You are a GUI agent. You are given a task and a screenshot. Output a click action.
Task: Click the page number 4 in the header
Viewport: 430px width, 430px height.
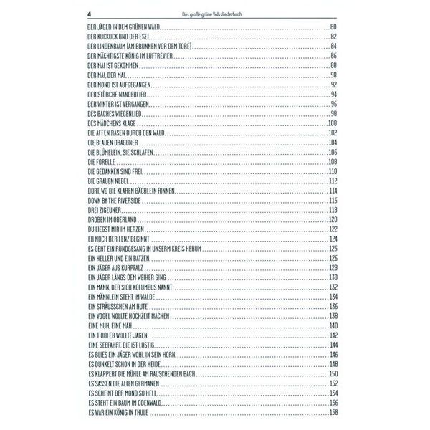click(88, 11)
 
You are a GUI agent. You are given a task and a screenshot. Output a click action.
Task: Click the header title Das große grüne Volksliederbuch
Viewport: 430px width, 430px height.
click(215, 12)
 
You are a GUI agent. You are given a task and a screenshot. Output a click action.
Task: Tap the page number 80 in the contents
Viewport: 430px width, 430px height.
click(333, 27)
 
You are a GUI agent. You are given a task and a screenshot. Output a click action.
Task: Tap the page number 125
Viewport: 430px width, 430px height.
click(332, 248)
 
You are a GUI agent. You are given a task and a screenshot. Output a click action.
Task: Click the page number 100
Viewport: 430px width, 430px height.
click(332, 123)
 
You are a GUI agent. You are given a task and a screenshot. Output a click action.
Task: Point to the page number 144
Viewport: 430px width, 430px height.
click(332, 345)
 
